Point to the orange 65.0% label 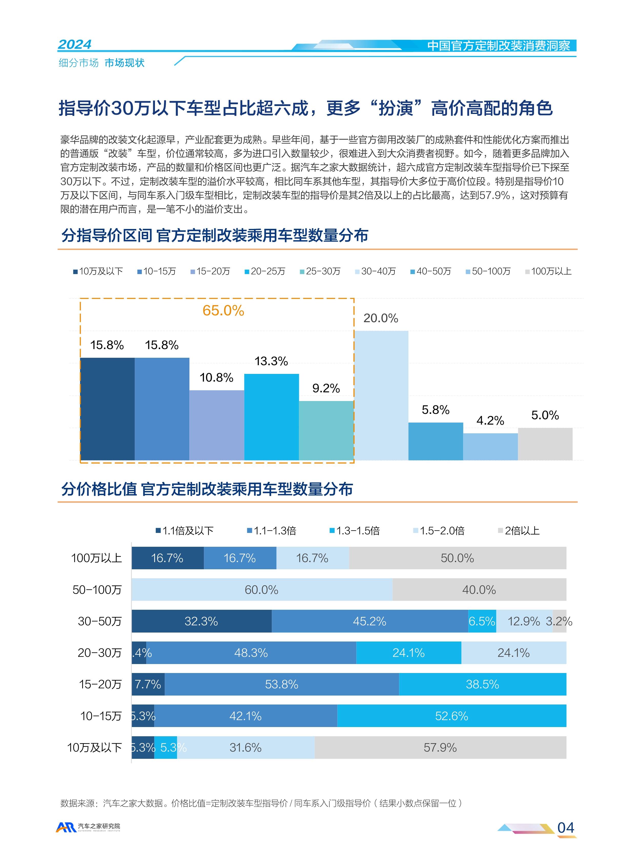(x=223, y=311)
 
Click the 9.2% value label (x=326, y=388)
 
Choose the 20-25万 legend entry (x=265, y=271)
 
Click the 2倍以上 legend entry (x=519, y=531)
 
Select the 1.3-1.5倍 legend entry (x=355, y=531)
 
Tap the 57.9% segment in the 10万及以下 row (x=440, y=748)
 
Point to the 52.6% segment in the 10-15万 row (x=452, y=716)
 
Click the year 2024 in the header (x=75, y=45)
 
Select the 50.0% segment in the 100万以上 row (x=457, y=558)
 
